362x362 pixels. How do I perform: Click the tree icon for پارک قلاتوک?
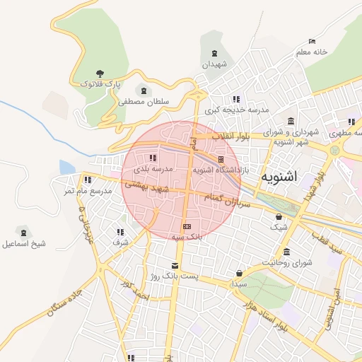pyautogui.click(x=100, y=73)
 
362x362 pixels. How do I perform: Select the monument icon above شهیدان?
pyautogui.click(x=214, y=54)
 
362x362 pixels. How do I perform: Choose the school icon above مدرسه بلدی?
pyautogui.click(x=153, y=158)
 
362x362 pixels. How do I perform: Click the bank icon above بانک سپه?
pyautogui.click(x=187, y=227)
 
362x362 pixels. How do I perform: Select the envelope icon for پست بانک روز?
pyautogui.click(x=175, y=266)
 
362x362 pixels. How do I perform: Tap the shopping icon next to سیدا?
pyautogui.click(x=240, y=274)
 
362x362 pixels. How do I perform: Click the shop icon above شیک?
pyautogui.click(x=279, y=217)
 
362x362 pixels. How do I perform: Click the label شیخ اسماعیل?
pyautogui.click(x=23, y=243)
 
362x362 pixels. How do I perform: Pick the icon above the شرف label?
pyautogui.click(x=119, y=231)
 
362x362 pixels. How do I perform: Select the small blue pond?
pyautogui.click(x=66, y=168)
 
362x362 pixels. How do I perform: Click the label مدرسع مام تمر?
pyautogui.click(x=88, y=191)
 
